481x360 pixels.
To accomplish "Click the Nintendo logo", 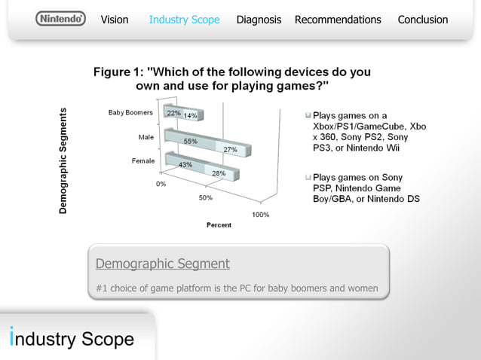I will pyautogui.click(x=60, y=19).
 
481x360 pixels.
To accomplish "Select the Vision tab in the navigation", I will pyautogui.click(x=115, y=20).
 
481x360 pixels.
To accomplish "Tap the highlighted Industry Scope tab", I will pyautogui.click(x=184, y=20).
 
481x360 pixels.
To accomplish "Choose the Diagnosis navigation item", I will pyautogui.click(x=259, y=20).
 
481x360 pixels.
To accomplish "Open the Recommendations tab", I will pyautogui.click(x=338, y=20).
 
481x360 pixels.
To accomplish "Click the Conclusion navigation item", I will pyautogui.click(x=422, y=20).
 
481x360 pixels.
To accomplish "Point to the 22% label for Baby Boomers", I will pyautogui.click(x=173, y=113).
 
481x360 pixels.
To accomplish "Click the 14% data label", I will pyautogui.click(x=190, y=116).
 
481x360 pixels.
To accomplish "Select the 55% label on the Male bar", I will pyautogui.click(x=190, y=142).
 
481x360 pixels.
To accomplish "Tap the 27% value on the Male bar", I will pyautogui.click(x=230, y=150).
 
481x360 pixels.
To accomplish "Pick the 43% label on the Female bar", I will pyautogui.click(x=185, y=164).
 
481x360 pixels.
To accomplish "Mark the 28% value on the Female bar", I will pyautogui.click(x=219, y=173).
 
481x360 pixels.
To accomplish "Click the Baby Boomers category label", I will pyautogui.click(x=130, y=113).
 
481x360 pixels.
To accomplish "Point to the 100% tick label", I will pyautogui.click(x=260, y=215).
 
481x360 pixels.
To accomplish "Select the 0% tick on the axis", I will pyautogui.click(x=161, y=183).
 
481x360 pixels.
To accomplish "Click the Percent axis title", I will pyautogui.click(x=219, y=224).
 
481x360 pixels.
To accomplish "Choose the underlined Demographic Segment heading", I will pyautogui.click(x=163, y=264).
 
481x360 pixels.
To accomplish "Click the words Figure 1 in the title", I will pyautogui.click(x=119, y=72).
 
